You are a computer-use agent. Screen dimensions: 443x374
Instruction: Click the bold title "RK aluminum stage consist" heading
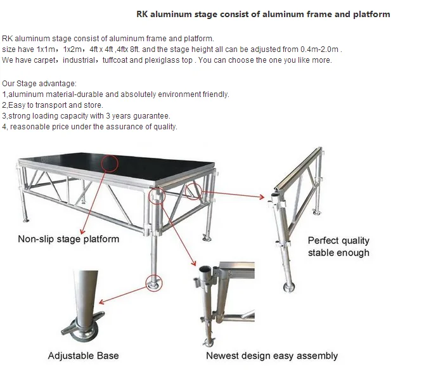(263, 14)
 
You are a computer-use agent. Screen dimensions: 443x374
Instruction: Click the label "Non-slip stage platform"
(68, 239)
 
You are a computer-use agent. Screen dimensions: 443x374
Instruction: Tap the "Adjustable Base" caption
(83, 356)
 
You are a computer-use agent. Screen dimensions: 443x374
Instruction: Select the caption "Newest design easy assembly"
(272, 356)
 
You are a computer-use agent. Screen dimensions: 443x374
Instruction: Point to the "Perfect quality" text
(338, 241)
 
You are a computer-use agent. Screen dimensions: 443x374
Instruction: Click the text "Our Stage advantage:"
(39, 84)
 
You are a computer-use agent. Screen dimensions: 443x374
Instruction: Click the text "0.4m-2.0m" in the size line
(323, 49)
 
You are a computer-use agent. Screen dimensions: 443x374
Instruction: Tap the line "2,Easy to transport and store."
(52, 105)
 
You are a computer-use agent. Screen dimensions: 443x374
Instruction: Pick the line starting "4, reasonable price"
(89, 127)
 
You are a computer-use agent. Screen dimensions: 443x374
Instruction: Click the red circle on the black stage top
(108, 164)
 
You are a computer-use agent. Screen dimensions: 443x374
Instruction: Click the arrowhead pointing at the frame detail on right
(261, 197)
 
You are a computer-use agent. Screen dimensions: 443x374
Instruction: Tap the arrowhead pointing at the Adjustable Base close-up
(101, 305)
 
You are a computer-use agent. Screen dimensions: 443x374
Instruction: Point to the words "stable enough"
(338, 253)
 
